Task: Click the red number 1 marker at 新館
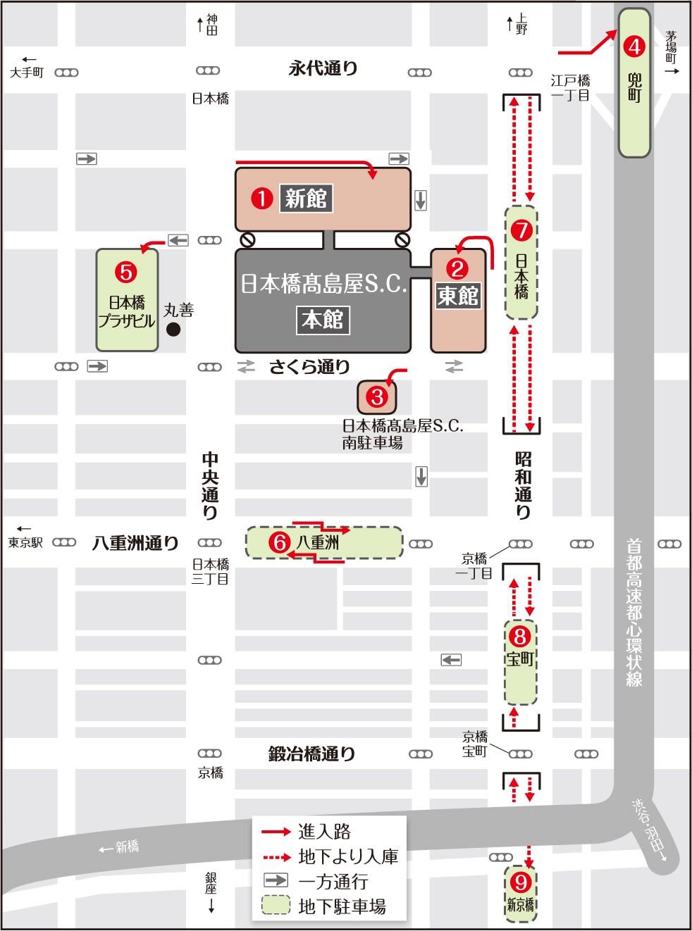point(261,199)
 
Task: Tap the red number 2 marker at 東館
point(457,268)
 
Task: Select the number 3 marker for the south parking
point(377,397)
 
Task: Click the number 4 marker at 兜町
point(634,46)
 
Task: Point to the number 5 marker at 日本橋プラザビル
point(126,272)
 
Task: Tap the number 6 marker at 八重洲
point(280,542)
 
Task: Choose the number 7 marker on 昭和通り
point(521,230)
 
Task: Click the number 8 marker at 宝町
point(520,637)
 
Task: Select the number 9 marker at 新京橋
point(521,882)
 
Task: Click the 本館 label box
point(322,320)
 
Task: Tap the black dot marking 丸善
point(173,329)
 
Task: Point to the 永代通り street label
point(323,68)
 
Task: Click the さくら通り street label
point(309,367)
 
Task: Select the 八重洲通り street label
point(135,543)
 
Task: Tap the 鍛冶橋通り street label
point(311,754)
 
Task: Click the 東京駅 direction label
point(25,542)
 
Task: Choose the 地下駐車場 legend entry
point(342,906)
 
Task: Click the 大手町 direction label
point(27,72)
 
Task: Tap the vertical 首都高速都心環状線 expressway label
point(634,613)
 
